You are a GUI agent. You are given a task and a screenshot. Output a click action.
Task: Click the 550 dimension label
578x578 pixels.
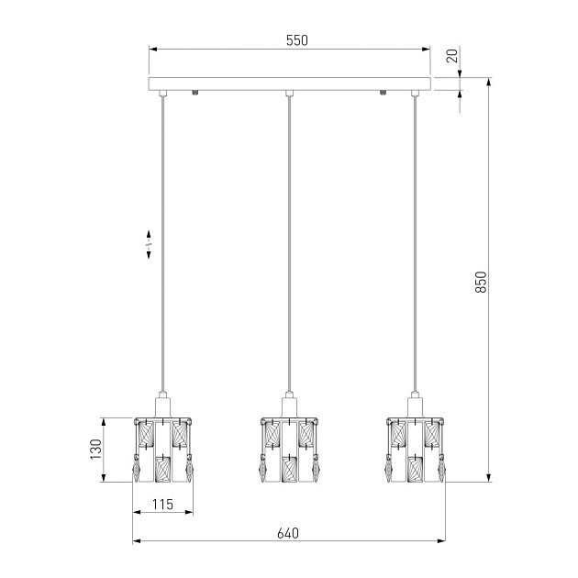296,40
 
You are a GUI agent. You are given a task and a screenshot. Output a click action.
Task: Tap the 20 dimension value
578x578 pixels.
452,56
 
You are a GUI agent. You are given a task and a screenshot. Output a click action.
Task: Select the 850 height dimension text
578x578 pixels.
481,282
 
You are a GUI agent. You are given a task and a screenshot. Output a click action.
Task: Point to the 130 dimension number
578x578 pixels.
95,449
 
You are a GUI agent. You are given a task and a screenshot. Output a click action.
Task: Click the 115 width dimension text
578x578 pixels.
162,504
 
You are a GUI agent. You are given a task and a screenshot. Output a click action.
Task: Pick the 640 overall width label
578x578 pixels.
288,533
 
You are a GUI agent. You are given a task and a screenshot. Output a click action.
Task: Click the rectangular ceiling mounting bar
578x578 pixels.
290,83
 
